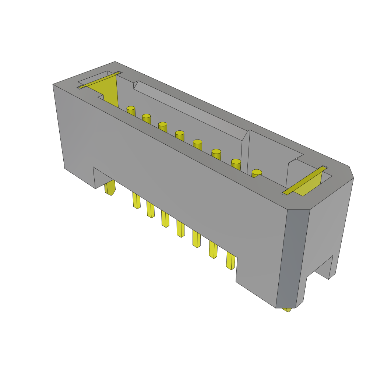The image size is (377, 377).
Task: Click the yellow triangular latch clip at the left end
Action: pyautogui.click(x=107, y=90)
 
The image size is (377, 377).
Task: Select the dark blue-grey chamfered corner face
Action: pyautogui.click(x=292, y=258)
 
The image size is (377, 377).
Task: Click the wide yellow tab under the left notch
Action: pyautogui.click(x=110, y=187)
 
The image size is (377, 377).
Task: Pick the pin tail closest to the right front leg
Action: pyautogui.click(x=230, y=261)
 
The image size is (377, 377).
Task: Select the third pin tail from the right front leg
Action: pyautogui.click(x=197, y=239)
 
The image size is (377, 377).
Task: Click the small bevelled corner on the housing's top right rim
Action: pyautogui.click(x=351, y=172)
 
